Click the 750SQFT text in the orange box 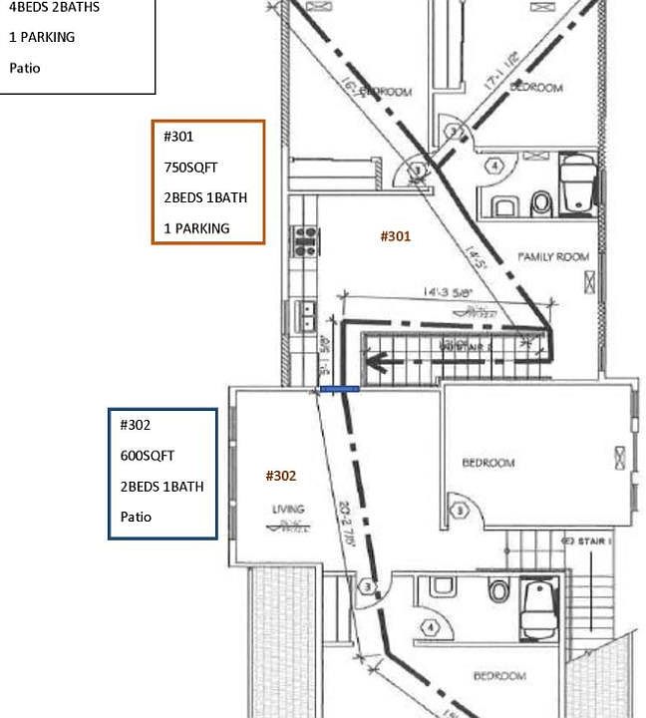190,168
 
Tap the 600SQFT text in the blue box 148,456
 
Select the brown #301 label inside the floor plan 396,236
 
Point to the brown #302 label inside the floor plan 281,476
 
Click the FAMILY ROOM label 553,257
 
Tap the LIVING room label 288,510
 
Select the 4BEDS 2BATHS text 54,7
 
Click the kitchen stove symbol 303,239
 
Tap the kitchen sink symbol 307,316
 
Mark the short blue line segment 339,389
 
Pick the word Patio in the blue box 137,517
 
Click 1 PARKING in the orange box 196,228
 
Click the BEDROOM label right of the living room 488,463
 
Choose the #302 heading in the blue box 136,425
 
